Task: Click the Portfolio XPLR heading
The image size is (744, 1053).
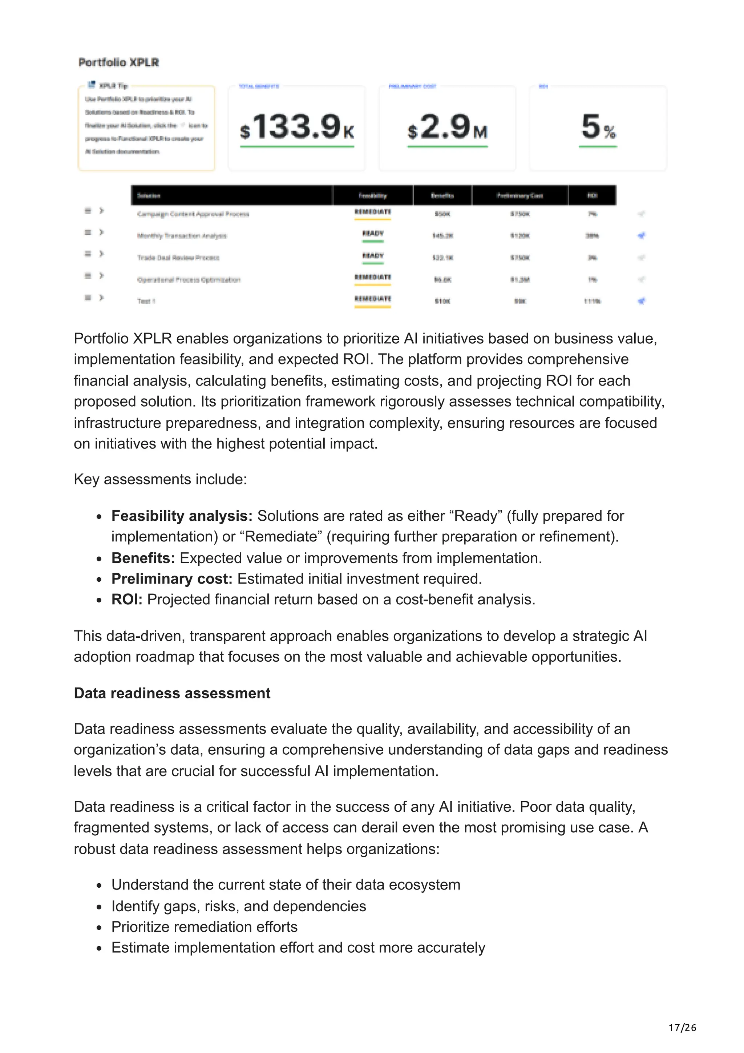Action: click(x=118, y=62)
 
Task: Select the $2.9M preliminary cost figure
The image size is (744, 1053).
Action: click(x=447, y=127)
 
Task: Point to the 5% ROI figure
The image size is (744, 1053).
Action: click(x=598, y=127)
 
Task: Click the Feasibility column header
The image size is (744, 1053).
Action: click(x=372, y=195)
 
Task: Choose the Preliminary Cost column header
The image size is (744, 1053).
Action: click(x=519, y=195)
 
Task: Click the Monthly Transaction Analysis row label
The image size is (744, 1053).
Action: click(x=182, y=236)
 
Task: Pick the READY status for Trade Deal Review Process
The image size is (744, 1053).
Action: click(x=373, y=255)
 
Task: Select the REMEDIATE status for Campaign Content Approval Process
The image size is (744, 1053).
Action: click(x=373, y=212)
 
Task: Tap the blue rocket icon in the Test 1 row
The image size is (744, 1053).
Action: click(x=641, y=301)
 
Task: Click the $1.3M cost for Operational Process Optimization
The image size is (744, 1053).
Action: click(x=520, y=279)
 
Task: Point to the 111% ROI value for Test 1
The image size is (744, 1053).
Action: click(x=592, y=301)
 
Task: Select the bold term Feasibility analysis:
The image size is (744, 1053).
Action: click(x=182, y=516)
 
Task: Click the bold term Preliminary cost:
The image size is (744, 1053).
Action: click(x=172, y=579)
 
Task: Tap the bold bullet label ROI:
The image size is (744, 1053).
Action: click(x=127, y=600)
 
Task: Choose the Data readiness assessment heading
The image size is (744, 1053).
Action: click(x=172, y=693)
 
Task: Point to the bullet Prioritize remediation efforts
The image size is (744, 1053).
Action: click(x=205, y=927)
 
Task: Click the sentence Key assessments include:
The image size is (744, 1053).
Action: click(x=161, y=479)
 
